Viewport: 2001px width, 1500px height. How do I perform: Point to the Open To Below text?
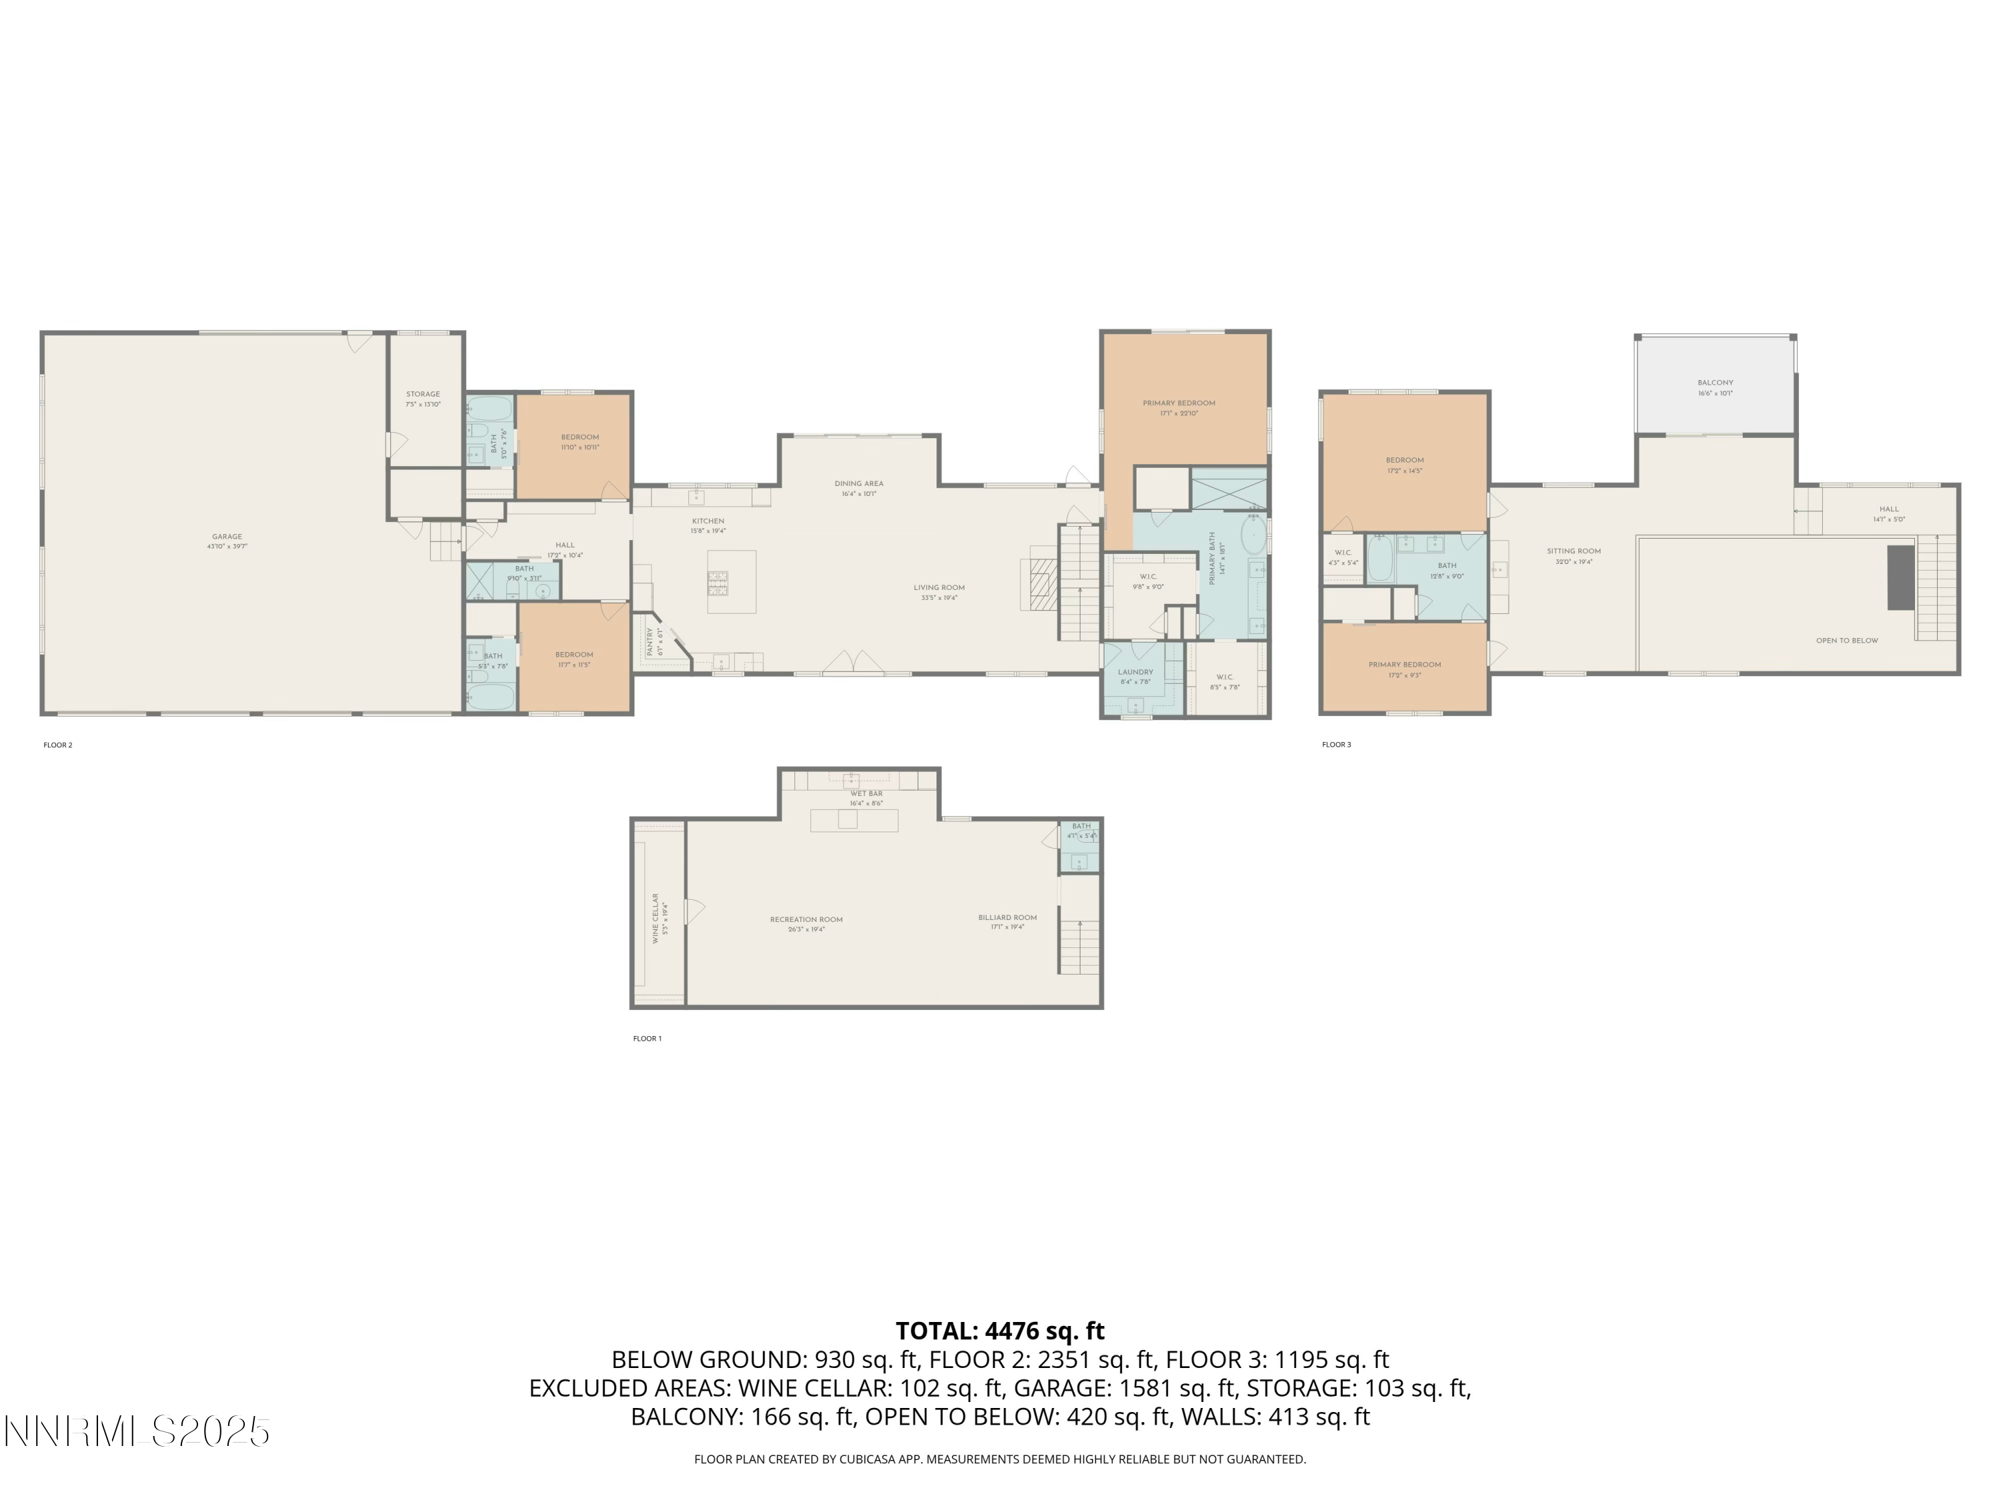click(1846, 640)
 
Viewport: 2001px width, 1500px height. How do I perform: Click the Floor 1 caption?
click(647, 1038)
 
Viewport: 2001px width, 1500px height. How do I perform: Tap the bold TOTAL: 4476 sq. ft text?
click(1000, 1331)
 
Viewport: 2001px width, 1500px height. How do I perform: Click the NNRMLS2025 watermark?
click(137, 1431)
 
